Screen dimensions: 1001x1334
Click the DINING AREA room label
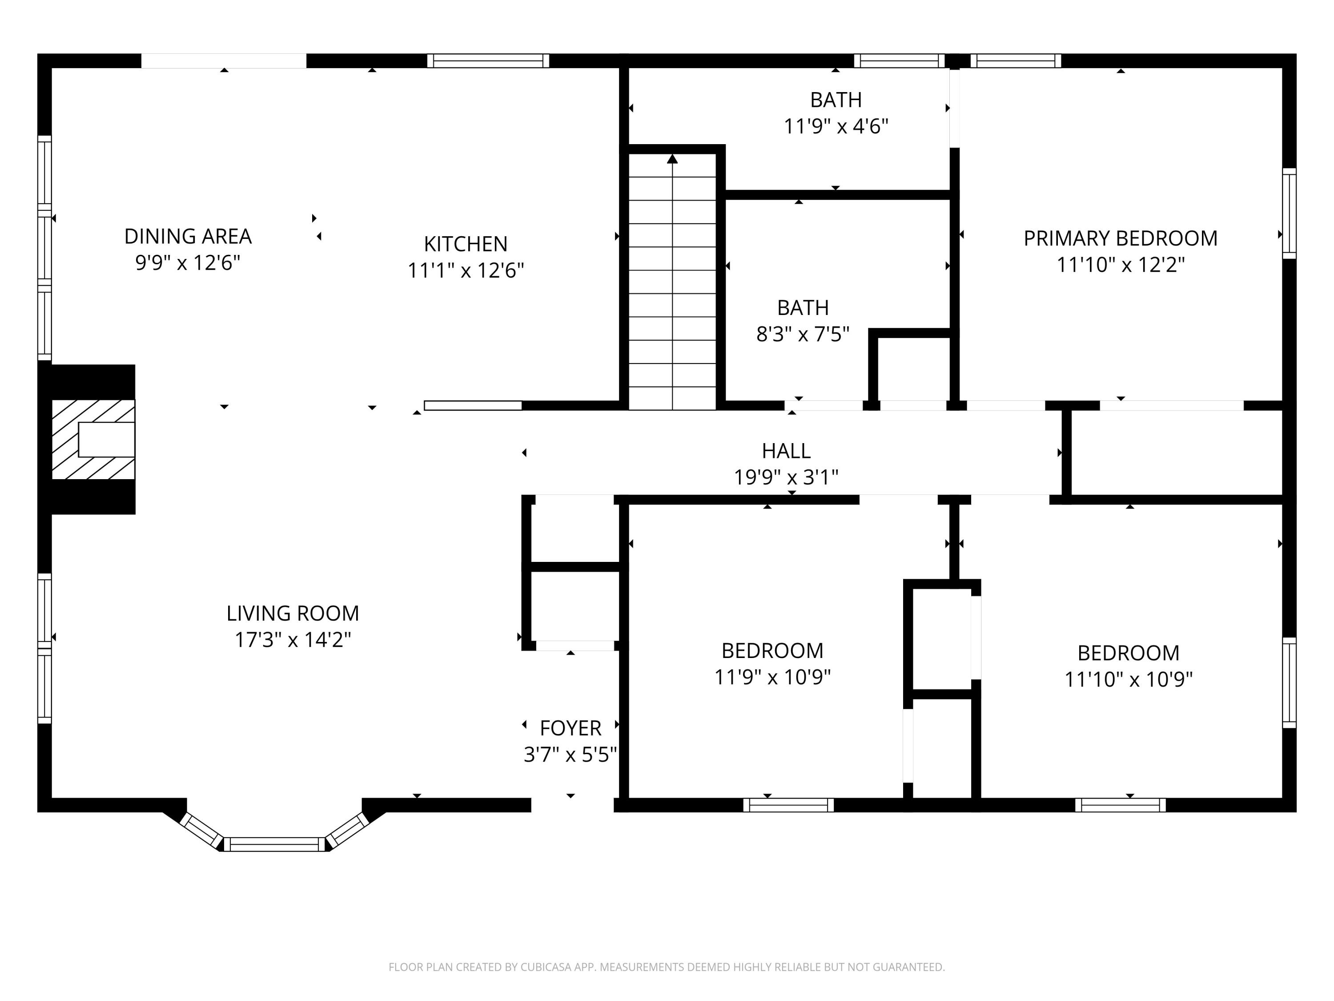188,236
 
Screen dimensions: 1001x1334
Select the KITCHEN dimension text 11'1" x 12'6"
466,270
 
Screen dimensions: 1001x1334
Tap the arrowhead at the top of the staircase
672,159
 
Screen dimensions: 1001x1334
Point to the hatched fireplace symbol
93,439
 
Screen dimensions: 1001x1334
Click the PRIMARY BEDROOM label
1121,238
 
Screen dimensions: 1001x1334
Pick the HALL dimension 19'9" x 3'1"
786,477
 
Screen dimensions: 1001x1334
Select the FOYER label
571,728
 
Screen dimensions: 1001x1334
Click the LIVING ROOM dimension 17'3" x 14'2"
293,640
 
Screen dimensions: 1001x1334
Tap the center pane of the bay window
274,844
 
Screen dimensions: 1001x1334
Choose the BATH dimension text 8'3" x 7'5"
803,334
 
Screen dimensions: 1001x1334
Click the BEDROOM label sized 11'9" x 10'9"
772,650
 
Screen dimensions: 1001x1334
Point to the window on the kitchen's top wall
488,61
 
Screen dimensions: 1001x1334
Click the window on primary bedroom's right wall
1289,214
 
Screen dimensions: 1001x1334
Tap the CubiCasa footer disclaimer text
667,967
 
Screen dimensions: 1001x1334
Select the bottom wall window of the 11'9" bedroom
788,805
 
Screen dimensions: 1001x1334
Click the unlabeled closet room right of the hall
1176,452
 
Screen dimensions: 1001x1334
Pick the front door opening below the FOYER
572,805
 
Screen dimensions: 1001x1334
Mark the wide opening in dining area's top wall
224,61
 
